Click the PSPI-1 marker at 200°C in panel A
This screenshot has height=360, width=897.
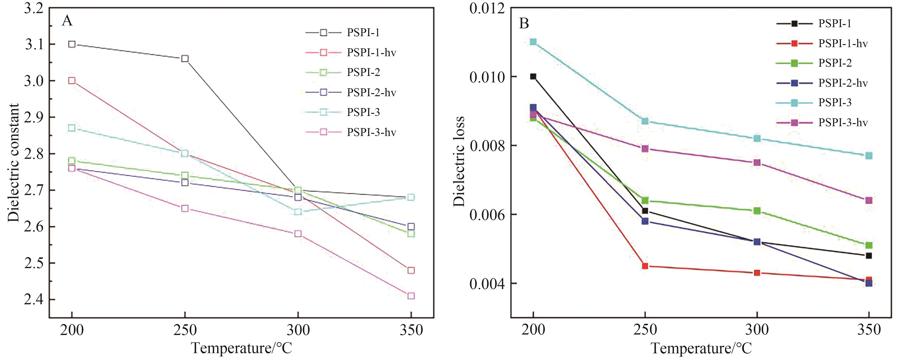(x=72, y=44)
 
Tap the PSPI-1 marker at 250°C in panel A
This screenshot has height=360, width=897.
(x=185, y=59)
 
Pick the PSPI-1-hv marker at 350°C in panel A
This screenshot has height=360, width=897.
(x=411, y=270)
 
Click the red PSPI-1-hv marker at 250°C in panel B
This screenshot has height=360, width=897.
(x=645, y=266)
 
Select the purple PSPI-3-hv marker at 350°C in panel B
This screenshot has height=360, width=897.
(x=869, y=200)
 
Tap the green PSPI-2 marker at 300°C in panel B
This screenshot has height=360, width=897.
(x=757, y=211)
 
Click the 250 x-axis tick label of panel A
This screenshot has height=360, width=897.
(x=185, y=330)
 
